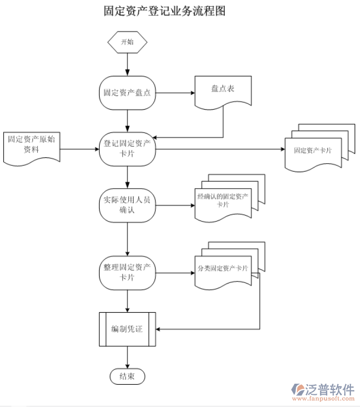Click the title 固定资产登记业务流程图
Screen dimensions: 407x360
point(164,12)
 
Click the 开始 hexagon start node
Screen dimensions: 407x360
point(127,42)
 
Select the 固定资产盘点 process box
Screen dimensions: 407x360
point(127,93)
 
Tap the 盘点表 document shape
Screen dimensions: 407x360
point(223,90)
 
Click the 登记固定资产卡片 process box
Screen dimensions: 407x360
point(127,149)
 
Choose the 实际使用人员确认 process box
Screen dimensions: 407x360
point(127,205)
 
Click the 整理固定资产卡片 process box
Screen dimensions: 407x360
point(127,272)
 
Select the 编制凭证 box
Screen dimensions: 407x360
point(127,329)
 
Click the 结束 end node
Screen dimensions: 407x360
point(127,376)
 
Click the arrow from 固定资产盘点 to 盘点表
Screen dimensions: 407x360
point(175,93)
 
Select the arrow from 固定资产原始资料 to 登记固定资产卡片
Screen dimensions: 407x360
point(80,149)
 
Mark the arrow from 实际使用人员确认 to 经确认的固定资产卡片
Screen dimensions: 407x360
point(175,205)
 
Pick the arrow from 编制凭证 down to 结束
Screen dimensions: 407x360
point(127,357)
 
